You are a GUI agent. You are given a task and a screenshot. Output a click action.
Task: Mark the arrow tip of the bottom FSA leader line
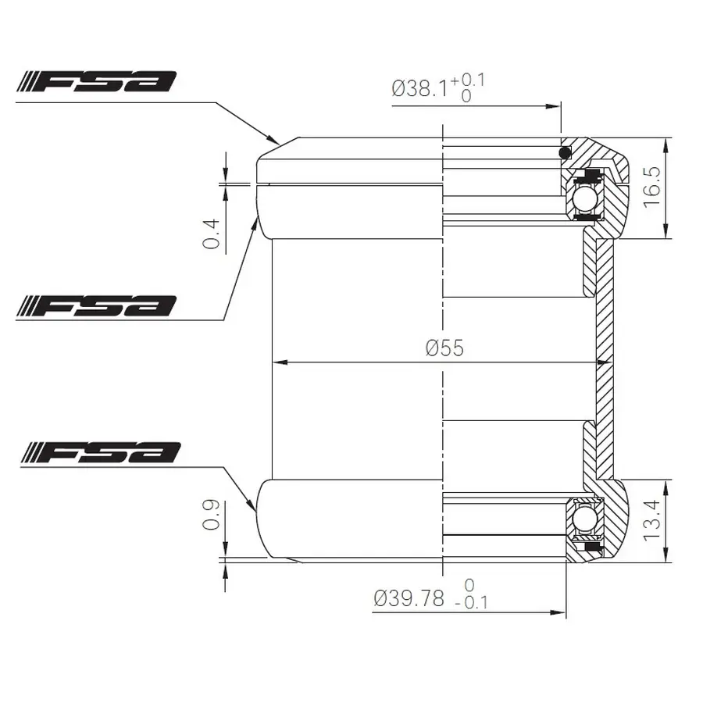coord(256,511)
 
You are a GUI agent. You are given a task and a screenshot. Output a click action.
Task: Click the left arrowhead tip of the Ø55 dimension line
coord(273,362)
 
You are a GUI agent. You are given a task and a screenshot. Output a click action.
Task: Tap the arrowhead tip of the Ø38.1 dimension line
coord(560,106)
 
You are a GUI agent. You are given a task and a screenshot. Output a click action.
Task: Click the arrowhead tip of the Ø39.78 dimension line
coord(566,612)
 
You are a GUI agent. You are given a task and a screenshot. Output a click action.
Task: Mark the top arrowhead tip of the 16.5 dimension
coord(666,138)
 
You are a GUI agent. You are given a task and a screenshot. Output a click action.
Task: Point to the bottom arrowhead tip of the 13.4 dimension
coord(667,562)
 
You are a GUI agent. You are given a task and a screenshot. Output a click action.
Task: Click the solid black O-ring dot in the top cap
coord(565,153)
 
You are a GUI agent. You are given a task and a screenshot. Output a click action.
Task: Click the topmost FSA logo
coord(97,81)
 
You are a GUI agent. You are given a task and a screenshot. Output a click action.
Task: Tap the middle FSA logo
coord(97,305)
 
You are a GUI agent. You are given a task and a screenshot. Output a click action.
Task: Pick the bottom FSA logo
coord(102,452)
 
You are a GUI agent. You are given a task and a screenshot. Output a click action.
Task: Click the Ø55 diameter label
coord(444,348)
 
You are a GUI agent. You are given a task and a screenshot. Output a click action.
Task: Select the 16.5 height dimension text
coord(652,187)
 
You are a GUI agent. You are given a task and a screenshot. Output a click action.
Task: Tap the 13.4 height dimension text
coord(652,520)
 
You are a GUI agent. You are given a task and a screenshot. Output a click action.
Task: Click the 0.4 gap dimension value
coord(211,234)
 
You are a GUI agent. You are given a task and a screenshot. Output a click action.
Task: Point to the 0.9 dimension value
coord(211,515)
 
